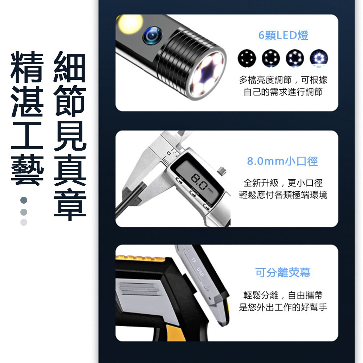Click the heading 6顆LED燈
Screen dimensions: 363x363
283,36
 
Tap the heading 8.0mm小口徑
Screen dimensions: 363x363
282,161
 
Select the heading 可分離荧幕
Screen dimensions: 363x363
283,273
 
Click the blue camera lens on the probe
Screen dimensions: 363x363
152,35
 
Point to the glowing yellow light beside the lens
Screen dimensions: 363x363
130,24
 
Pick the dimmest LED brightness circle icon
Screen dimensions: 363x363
247,58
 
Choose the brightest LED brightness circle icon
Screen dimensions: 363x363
319,58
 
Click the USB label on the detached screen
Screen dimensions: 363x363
200,272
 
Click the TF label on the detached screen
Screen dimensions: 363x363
194,260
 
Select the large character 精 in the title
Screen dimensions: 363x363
27,67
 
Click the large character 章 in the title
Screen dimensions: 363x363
70,204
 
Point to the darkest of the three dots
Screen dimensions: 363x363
24,200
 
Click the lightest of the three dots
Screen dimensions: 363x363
24,222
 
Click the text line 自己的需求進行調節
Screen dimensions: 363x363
283,92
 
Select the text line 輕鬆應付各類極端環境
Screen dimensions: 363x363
283,195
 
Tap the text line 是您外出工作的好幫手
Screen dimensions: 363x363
283,307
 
